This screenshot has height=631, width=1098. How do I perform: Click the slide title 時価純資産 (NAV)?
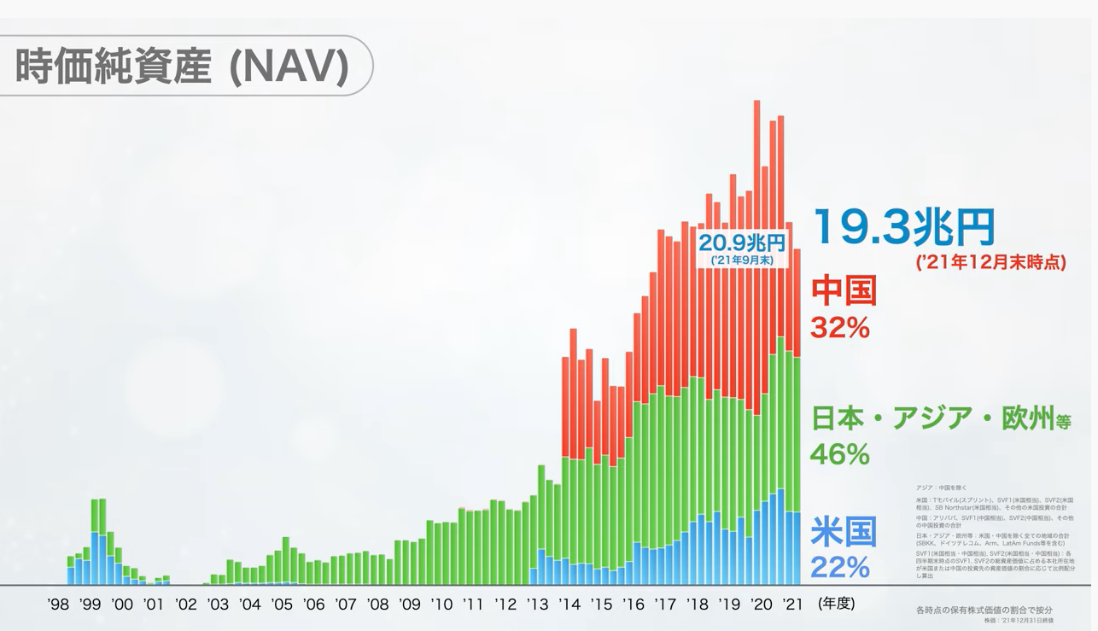coord(183,67)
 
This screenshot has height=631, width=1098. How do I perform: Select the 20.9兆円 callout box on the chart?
coord(741,248)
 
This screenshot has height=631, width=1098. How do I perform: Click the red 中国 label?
coord(844,291)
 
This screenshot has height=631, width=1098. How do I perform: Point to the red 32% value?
coord(840,326)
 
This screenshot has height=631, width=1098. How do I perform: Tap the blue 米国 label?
coord(844,531)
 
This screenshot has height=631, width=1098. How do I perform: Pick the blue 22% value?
coord(840,566)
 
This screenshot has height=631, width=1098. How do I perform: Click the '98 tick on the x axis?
coord(58,605)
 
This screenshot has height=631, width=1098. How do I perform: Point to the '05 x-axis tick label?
coord(282,605)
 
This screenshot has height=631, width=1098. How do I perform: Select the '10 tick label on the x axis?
coord(441,605)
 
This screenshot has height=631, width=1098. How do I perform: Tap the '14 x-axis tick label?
coord(569,605)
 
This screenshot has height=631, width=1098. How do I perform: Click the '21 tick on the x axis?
coord(793,605)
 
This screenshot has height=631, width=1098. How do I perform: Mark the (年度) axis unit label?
coord(836,603)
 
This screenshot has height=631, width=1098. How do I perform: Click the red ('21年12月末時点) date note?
coord(990,263)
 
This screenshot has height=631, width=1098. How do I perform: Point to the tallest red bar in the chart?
coord(756,256)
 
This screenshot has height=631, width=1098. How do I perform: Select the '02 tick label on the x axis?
coord(186,605)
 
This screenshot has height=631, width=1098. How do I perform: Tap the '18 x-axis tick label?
coord(698,605)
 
